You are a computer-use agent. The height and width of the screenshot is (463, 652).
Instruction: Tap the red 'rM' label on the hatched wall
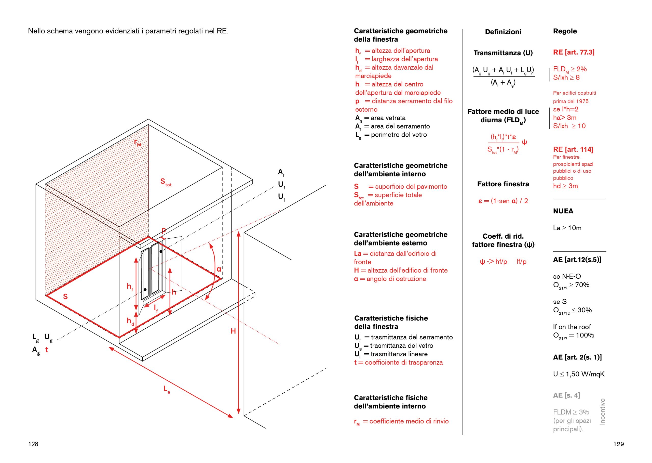138,142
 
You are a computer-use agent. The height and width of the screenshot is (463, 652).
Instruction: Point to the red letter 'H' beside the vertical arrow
233,331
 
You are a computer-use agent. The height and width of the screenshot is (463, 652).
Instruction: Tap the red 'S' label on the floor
65,297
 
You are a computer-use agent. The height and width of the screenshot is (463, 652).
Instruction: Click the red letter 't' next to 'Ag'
47,350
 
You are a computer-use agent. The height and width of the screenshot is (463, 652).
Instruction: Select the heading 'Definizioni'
503,32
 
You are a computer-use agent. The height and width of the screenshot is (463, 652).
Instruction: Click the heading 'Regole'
565,31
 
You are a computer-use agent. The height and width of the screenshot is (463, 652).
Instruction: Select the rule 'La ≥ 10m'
567,228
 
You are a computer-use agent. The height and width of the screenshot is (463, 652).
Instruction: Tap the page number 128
33,444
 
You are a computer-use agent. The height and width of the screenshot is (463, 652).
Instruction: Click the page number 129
618,444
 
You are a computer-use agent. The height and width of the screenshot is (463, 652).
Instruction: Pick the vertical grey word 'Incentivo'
602,411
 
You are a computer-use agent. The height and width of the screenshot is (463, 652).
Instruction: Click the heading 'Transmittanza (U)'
503,53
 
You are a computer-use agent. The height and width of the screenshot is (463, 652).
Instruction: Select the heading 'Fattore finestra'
503,184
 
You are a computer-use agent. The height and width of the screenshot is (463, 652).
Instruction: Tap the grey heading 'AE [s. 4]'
566,395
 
